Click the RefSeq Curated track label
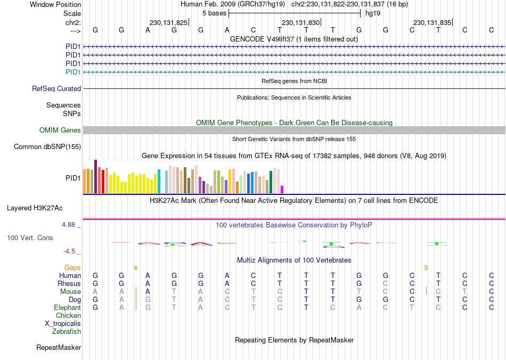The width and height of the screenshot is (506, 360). coord(56,89)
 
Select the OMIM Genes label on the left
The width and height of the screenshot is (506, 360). coord(60,130)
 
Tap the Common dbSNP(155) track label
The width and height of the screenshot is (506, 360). coord(47,147)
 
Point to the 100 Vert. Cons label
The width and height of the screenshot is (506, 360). coord(30,238)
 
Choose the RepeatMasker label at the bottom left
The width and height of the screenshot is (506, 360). coord(59,348)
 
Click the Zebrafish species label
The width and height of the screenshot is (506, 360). coord(67,332)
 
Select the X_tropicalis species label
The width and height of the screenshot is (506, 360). coord(63,324)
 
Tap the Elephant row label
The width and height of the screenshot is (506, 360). coord(67,308)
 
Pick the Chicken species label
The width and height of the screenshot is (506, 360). coord(68,316)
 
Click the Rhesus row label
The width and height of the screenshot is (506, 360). coord(69,284)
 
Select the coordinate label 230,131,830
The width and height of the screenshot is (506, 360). coord(300,23)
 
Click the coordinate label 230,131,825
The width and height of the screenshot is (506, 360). coord(168,23)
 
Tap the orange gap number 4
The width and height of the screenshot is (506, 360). coord(136,267)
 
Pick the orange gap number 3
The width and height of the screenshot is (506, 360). coord(426,267)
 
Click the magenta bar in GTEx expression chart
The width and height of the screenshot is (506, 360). coord(282,190)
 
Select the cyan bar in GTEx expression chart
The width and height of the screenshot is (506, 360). coord(159,182)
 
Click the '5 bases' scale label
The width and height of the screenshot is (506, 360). coord(214,13)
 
